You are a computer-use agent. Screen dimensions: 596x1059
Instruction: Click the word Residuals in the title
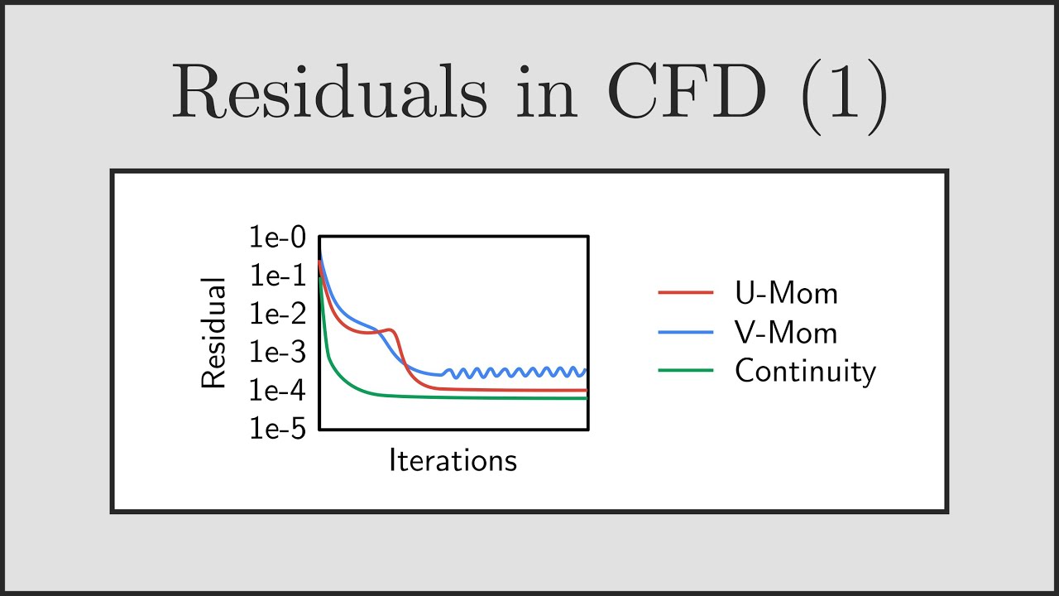[x=329, y=94]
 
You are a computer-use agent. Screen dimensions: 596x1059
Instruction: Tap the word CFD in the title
[x=686, y=94]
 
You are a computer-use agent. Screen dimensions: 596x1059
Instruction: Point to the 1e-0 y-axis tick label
[x=277, y=238]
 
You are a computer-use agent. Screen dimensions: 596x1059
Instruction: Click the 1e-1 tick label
[x=277, y=276]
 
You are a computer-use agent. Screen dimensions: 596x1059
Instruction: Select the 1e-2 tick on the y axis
[x=277, y=315]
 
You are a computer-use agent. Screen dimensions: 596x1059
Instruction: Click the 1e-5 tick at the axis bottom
[x=277, y=430]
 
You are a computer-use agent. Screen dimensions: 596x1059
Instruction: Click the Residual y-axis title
[x=213, y=334]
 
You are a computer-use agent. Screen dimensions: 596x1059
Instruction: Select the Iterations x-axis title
[x=453, y=460]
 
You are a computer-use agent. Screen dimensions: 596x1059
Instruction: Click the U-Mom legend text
[x=786, y=293]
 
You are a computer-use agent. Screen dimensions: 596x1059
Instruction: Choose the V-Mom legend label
[x=786, y=333]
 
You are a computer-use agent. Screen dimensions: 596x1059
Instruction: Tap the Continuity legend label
[x=805, y=371]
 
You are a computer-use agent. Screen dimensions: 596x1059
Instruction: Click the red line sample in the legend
[x=686, y=293]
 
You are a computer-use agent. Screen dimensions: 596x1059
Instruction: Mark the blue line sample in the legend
[x=686, y=332]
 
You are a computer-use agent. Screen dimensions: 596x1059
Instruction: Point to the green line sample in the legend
[x=686, y=371]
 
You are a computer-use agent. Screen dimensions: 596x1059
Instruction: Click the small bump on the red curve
[x=390, y=330]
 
